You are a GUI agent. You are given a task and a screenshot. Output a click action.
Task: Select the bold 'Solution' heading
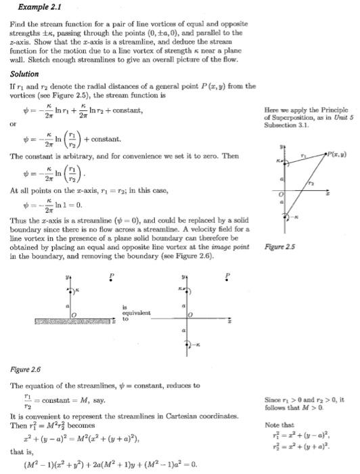[24, 74]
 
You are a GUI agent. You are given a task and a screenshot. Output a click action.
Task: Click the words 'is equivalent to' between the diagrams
[138, 314]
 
